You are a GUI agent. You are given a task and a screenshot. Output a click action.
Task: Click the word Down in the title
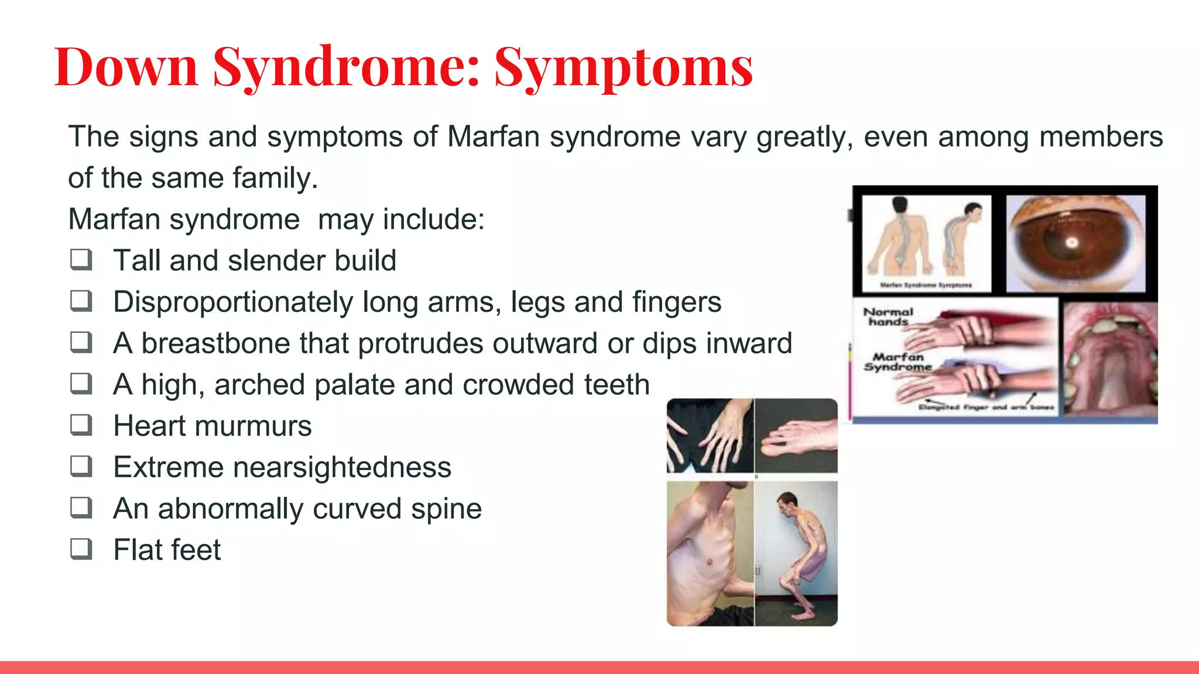[126, 67]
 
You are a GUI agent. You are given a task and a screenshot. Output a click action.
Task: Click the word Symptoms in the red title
[624, 67]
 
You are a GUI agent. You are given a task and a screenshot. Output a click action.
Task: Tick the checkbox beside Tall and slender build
[81, 259]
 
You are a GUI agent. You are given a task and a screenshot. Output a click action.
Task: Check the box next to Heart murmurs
[81, 425]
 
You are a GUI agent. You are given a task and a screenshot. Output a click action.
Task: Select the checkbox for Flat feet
[81, 549]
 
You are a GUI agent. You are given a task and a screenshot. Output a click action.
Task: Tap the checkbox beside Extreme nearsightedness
[81, 466]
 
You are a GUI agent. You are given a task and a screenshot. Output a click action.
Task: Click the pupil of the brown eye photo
[1071, 242]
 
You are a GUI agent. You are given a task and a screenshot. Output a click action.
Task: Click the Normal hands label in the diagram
[888, 317]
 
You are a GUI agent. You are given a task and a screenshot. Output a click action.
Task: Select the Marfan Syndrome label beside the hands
[897, 362]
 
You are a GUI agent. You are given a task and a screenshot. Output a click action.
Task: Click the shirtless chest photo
[710, 553]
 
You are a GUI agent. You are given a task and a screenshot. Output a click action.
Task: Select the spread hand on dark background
[710, 436]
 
